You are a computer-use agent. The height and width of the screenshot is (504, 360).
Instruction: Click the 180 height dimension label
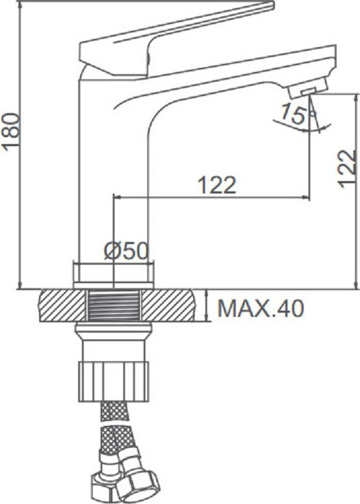10,131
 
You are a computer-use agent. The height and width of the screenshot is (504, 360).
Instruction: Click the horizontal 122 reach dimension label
217,185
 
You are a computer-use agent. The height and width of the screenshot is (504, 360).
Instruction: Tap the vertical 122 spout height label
347,169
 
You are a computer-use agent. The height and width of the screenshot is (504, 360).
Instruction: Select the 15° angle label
294,115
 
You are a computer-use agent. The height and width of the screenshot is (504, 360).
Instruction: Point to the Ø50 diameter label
126,251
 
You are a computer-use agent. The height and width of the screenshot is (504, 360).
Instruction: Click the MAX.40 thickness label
261,309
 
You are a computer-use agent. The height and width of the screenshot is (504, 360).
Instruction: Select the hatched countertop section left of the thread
62,305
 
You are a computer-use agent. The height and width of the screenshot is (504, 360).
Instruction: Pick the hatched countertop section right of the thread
168,305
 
